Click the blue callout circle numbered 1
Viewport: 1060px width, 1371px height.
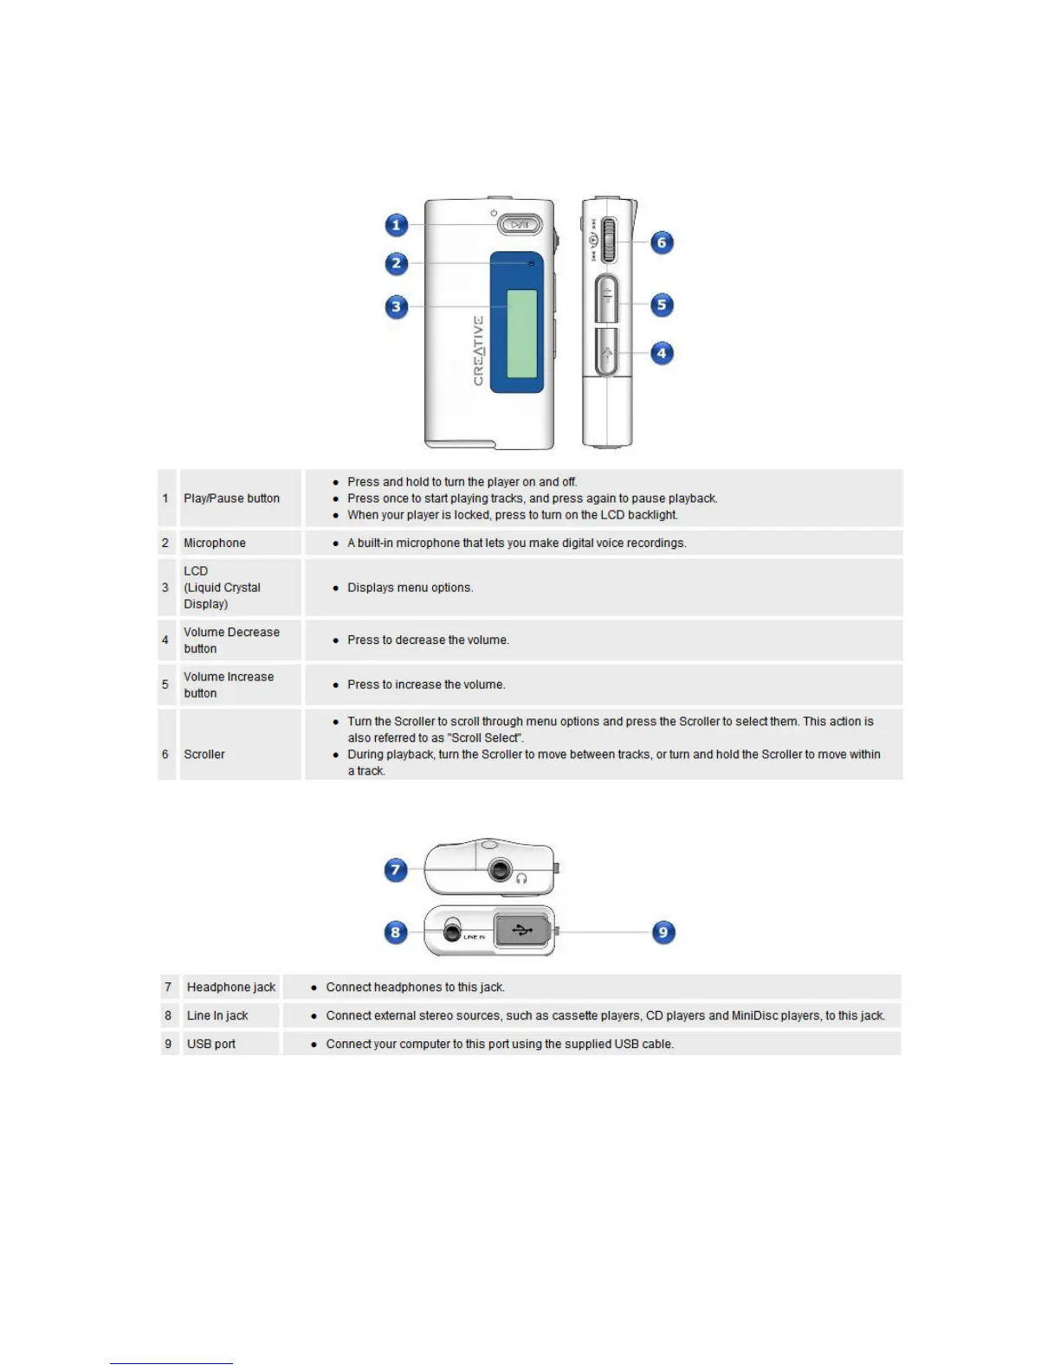tap(397, 225)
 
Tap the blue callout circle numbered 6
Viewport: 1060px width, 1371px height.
tap(662, 242)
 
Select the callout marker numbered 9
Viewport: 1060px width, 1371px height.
tap(663, 932)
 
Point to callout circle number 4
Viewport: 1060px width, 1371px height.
tap(662, 353)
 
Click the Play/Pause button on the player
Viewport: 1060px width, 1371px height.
tap(520, 225)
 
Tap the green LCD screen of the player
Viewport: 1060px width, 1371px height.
tap(521, 333)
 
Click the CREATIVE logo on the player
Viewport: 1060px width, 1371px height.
tap(478, 351)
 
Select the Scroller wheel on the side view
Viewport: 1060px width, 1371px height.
tap(609, 240)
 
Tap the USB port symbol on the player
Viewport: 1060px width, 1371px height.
tap(522, 930)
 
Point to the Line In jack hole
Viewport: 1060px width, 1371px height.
tap(452, 931)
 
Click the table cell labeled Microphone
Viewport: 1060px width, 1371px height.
tap(215, 543)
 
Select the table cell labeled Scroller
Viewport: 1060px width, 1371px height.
tap(204, 754)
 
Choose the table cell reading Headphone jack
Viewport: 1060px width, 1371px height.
tap(231, 987)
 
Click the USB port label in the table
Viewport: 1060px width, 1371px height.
tap(211, 1044)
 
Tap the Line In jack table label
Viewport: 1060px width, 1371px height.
tap(217, 1015)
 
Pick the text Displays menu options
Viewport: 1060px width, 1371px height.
tap(410, 588)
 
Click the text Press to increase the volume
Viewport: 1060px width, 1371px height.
tap(426, 685)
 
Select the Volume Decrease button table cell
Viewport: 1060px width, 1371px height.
tap(231, 640)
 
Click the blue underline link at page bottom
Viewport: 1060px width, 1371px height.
tap(171, 1362)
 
